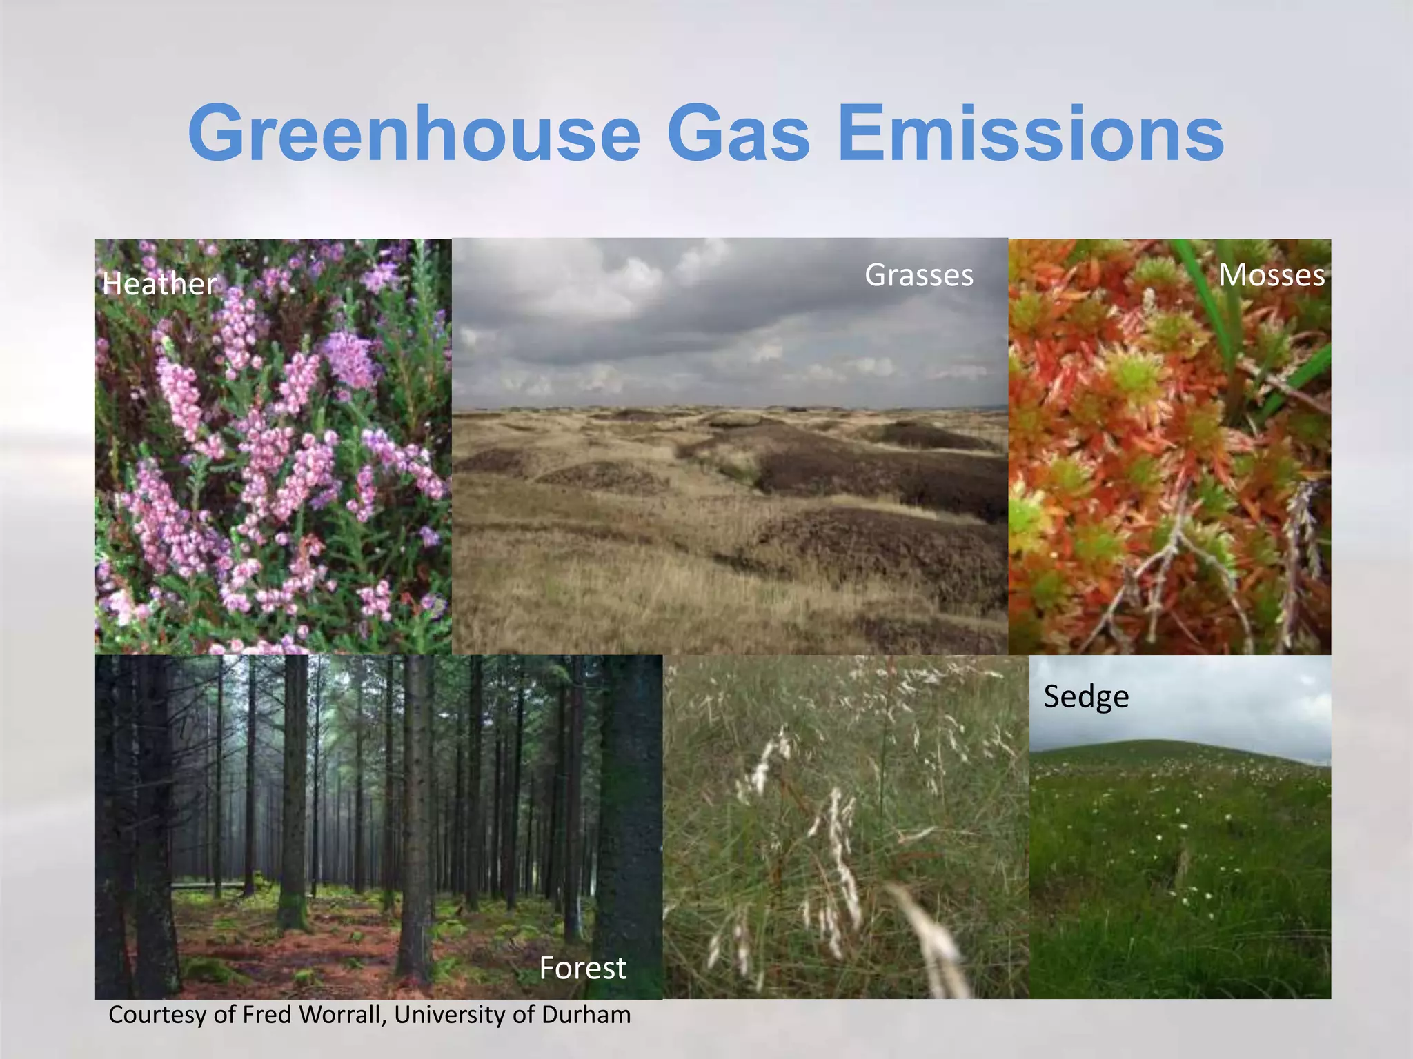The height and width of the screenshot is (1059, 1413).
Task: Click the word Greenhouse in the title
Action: coord(414,132)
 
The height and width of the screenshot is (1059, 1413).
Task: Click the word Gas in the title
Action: coord(738,132)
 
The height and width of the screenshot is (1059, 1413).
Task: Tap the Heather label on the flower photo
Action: coord(159,284)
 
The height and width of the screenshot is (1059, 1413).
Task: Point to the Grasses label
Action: coord(918,275)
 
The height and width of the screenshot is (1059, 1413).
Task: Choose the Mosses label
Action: coord(1271,275)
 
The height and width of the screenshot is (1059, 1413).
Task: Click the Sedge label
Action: coord(1085,696)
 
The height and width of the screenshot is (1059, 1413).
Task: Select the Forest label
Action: coord(582,968)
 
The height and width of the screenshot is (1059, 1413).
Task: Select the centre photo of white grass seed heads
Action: coord(845,827)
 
